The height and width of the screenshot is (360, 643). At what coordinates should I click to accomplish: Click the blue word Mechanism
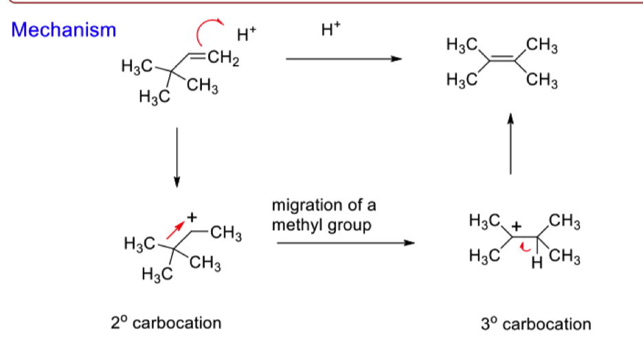(x=64, y=30)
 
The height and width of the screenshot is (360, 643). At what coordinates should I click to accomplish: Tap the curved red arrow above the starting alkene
(x=203, y=27)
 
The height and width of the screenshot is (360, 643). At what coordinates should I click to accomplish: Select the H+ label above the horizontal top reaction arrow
(x=330, y=29)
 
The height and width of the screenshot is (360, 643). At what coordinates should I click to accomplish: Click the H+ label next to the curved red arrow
(x=247, y=34)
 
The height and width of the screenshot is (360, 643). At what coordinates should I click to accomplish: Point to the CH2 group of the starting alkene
(x=223, y=58)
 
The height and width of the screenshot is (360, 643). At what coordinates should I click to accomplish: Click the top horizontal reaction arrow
(x=343, y=59)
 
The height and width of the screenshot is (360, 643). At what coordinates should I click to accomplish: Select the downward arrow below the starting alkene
(x=177, y=157)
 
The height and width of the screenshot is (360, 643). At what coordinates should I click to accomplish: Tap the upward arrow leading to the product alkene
(x=510, y=144)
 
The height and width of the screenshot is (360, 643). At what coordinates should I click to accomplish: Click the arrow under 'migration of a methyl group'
(x=346, y=243)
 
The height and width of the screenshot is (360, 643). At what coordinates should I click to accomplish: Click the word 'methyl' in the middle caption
(x=295, y=225)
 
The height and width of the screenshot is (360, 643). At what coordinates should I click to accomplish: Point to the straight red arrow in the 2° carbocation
(x=175, y=230)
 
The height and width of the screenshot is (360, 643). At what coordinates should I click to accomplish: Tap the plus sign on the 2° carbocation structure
(x=192, y=217)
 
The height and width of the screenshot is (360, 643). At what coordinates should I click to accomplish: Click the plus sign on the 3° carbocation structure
(x=517, y=226)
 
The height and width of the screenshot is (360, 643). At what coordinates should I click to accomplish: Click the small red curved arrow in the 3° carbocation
(x=524, y=247)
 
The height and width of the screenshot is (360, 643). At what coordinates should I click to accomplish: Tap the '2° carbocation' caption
(x=166, y=323)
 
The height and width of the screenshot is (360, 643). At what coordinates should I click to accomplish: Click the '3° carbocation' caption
(x=536, y=324)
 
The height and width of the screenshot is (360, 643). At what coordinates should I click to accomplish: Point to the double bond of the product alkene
(x=502, y=58)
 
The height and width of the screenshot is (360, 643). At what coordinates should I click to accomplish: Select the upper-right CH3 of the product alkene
(x=542, y=45)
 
